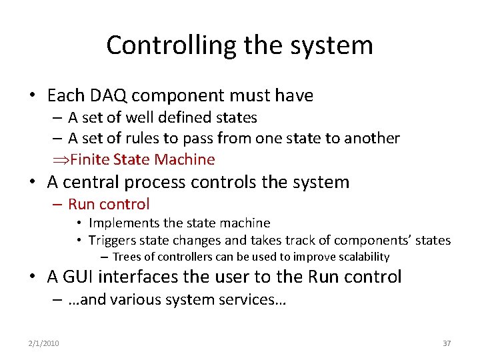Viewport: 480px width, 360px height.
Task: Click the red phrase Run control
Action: [109, 204]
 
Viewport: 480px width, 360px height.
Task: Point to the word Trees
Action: [125, 257]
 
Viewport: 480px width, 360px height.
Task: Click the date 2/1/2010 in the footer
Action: [43, 343]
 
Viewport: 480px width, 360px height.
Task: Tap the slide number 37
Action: [447, 343]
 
